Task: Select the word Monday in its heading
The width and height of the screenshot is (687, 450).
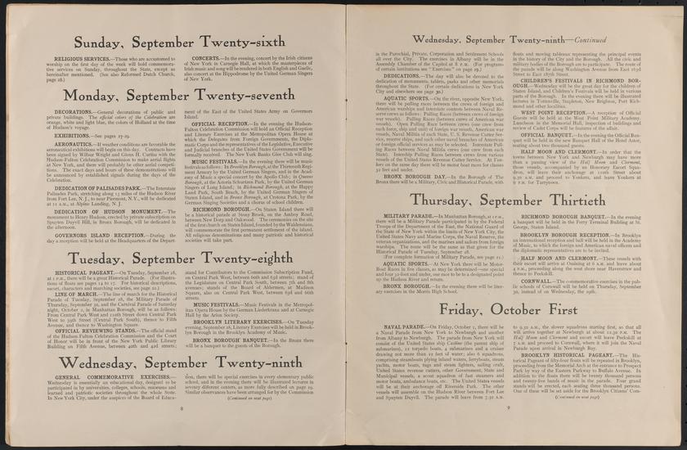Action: [x=110, y=95]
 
